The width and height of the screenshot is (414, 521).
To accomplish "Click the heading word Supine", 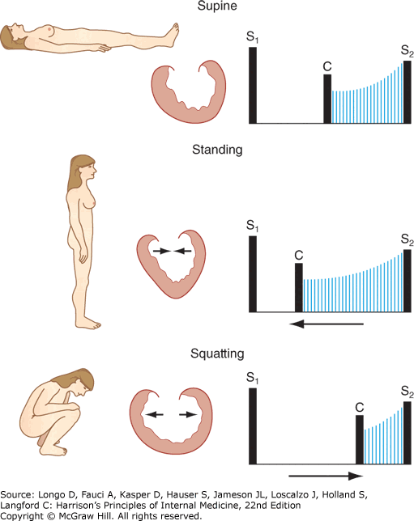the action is [x=217, y=6].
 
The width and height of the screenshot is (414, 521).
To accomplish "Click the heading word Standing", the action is [x=217, y=150].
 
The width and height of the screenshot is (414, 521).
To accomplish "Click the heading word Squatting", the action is [x=217, y=354].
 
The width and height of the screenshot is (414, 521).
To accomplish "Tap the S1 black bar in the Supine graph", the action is [x=253, y=86].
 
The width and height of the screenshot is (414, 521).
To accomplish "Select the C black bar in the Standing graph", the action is [x=299, y=288].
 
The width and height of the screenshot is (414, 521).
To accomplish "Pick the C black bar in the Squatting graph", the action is [x=360, y=439].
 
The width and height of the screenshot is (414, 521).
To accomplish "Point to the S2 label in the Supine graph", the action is [x=407, y=51].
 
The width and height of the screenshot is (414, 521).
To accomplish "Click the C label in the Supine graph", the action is [x=327, y=66].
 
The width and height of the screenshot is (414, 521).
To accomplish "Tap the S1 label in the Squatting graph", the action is [x=252, y=378].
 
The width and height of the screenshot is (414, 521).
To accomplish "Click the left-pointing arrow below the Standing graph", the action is [x=327, y=324].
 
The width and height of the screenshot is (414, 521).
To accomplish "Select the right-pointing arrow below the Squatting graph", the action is [x=326, y=476].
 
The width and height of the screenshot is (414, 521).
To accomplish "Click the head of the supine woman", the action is [x=13, y=36].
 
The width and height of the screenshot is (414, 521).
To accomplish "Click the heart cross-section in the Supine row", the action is [x=189, y=91].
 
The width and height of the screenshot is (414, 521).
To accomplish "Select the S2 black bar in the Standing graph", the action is [x=407, y=281].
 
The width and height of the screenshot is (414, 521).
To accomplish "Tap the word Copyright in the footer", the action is [x=22, y=516].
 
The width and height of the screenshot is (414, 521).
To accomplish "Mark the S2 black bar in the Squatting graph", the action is [x=407, y=433].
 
